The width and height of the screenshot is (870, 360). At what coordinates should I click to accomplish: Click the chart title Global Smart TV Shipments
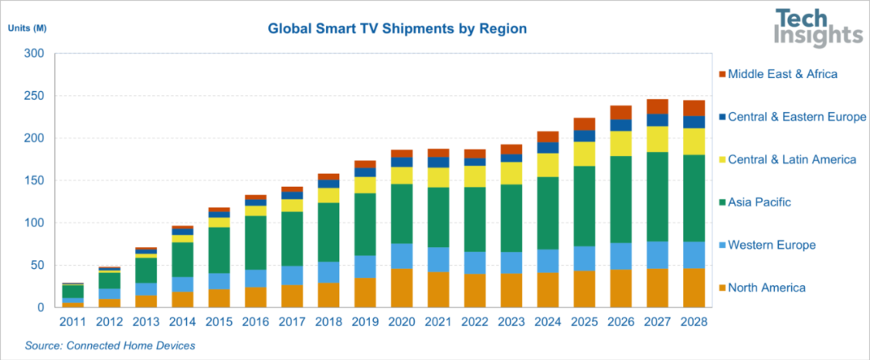[397, 29]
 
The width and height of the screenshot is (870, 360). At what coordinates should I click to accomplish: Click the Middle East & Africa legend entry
[782, 74]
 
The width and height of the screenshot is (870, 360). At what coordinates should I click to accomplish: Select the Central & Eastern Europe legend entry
[797, 117]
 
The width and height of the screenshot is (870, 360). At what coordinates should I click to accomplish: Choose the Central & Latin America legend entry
[792, 159]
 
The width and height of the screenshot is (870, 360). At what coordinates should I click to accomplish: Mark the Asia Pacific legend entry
[759, 202]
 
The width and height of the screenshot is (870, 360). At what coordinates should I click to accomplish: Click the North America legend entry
[766, 288]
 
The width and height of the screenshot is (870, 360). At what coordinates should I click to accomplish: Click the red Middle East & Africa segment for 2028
[694, 108]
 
